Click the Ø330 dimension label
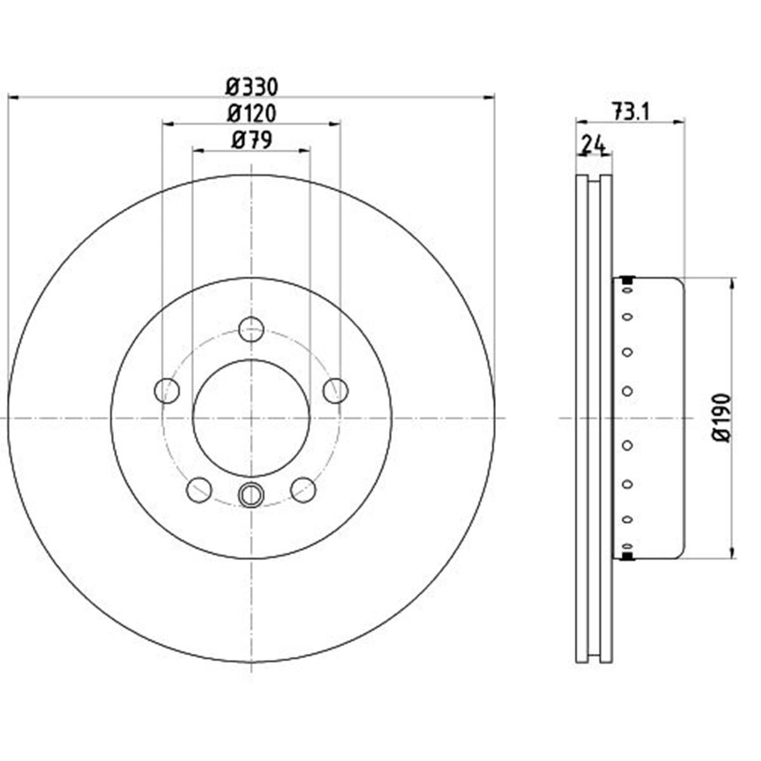pos(252,86)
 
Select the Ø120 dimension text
pos(252,114)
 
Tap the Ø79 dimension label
pos(252,140)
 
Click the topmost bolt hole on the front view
pos(251,329)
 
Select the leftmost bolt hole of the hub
pos(167,390)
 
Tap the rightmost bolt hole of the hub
pos(335,390)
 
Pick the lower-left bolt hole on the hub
pos(199,489)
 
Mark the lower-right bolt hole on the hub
pos(303,489)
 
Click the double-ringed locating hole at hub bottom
pos(251,495)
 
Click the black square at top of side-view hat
pos(628,280)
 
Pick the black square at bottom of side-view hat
pos(628,556)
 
